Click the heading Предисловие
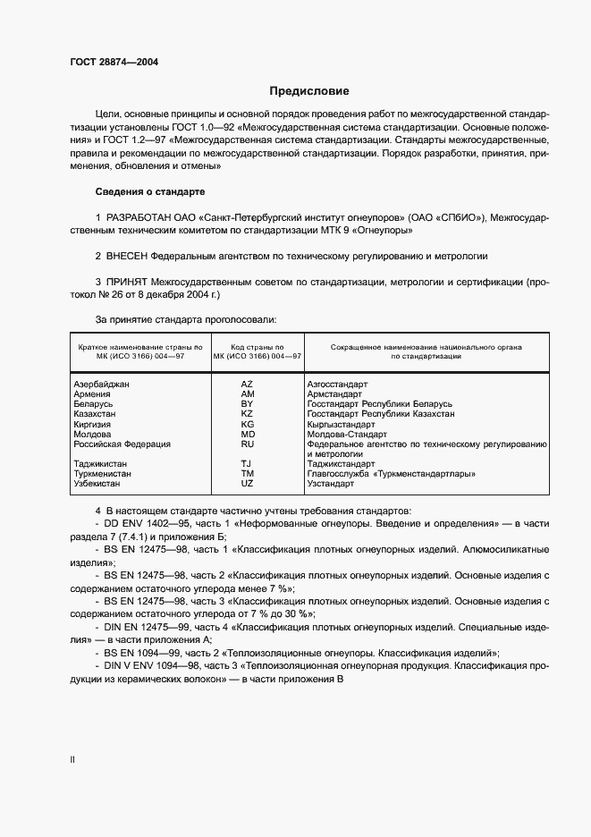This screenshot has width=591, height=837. point(309,91)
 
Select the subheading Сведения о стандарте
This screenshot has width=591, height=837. point(149,192)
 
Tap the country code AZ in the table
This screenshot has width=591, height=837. point(248,384)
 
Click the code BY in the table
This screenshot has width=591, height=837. point(248,404)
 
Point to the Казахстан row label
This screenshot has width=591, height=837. point(95,414)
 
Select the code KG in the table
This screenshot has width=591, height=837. point(248,424)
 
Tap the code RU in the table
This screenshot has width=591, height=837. point(248,444)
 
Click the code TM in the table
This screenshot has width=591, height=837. point(248,474)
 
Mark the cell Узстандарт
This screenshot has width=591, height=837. point(331,484)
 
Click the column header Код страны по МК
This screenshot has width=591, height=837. point(258,351)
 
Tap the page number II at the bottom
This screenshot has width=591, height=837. point(72,759)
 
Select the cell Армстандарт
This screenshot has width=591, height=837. point(334,394)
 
